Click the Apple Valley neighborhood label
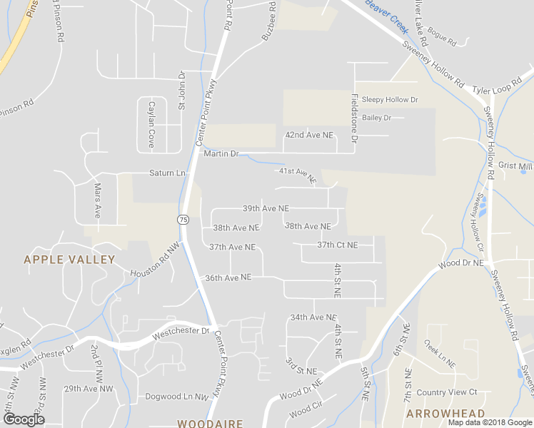click(69, 260)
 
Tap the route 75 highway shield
click(183, 220)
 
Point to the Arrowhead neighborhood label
click(445, 414)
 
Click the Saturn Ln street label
click(167, 173)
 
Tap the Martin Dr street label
click(220, 154)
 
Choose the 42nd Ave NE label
click(309, 135)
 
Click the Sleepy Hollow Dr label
click(389, 100)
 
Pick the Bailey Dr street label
click(377, 118)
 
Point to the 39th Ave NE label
click(266, 209)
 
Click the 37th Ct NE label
click(338, 245)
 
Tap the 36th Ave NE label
click(228, 277)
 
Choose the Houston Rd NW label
click(156, 262)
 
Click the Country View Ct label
click(446, 392)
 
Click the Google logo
click(24, 419)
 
